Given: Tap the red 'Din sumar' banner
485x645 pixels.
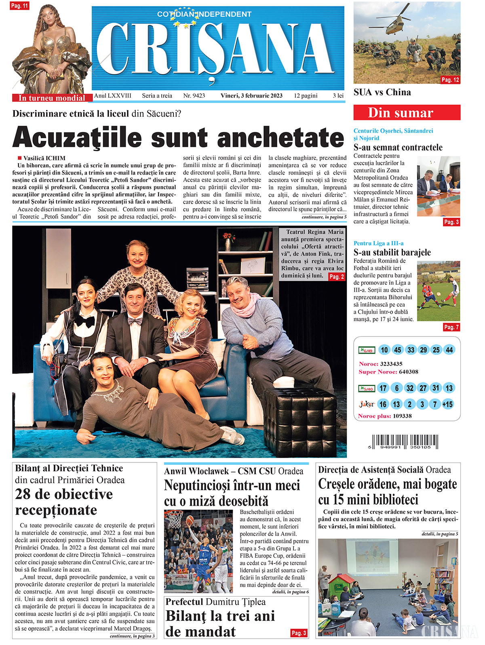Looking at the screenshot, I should coord(407,113).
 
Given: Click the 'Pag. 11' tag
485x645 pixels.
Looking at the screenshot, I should coord(19,6).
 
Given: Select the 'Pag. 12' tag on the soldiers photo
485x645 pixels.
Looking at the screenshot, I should coord(450,80).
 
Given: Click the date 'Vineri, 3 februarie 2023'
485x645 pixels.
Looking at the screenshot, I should coord(251,96).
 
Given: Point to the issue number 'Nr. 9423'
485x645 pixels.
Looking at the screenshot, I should coord(194,96).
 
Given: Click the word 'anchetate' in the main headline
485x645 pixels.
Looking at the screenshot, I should coord(280,138).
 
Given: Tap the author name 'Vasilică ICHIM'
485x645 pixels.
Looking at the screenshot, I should coord(44,158).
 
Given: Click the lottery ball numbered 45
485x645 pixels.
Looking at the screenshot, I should coord(398,350).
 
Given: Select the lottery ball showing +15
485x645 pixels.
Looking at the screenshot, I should coord(447,404).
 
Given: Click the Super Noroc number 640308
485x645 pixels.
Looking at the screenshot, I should coord(408,372).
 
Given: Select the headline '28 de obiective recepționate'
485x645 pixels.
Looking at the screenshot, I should coord(64,502).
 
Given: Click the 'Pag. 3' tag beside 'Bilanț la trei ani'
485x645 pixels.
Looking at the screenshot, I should coord(299,633).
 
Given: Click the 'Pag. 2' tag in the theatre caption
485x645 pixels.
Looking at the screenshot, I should coord(336,277).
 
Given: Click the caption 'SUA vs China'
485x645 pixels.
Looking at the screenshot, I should coord(382,92).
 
